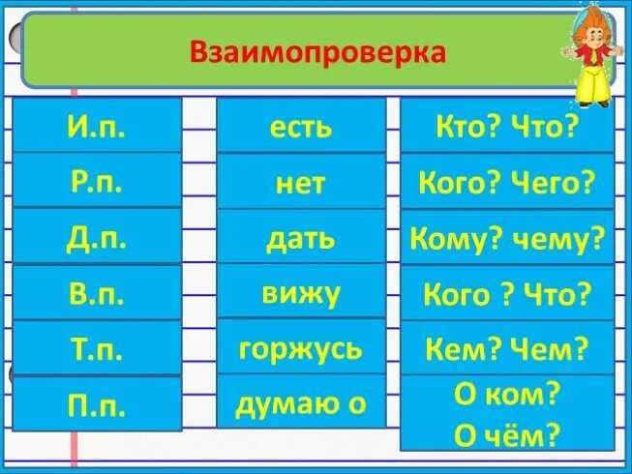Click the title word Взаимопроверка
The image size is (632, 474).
318,53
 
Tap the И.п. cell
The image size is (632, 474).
97,125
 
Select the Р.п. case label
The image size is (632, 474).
97,182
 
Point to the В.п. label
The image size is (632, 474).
97,293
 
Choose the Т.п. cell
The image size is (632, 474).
97,348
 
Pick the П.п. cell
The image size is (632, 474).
97,404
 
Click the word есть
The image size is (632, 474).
301,128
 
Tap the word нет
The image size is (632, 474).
301,184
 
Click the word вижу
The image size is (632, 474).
301,294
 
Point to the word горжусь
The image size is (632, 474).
301,349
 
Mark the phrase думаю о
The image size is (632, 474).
301,403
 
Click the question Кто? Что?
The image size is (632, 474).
507,126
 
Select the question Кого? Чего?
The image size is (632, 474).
507,183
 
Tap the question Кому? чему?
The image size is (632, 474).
507,238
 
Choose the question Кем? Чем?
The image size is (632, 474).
507,349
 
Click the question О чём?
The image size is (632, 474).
507,434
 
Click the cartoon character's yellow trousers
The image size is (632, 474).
593,83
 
